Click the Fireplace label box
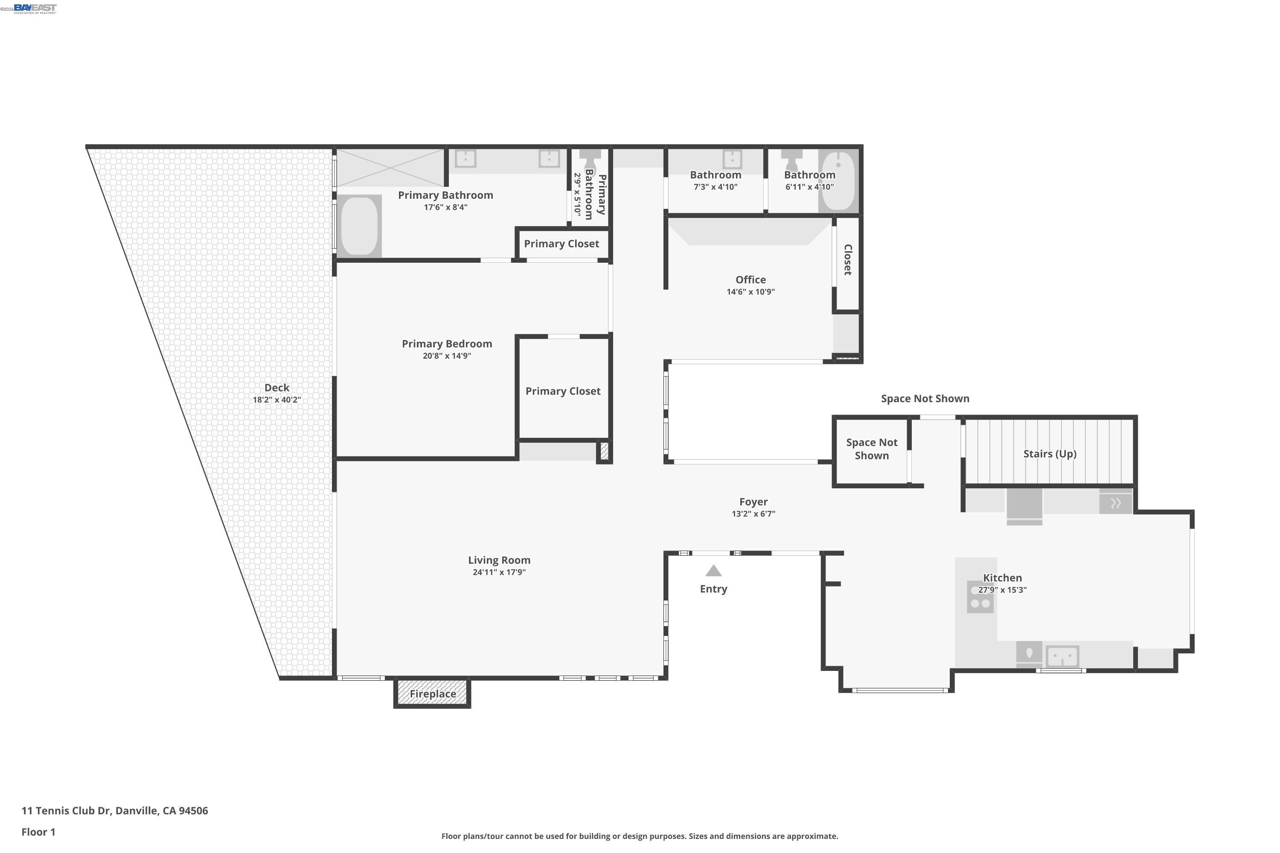(433, 693)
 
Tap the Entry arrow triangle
(713, 571)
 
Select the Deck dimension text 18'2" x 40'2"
(276, 400)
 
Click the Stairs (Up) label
(1050, 454)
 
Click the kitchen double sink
(1062, 656)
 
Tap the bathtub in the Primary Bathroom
(359, 226)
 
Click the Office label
(751, 280)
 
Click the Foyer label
(753, 502)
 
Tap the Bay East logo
(35, 8)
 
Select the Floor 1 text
(38, 832)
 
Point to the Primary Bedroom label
(447, 344)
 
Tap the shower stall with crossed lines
(390, 168)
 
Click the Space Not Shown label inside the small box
(871, 449)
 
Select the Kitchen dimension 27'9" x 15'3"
(1002, 590)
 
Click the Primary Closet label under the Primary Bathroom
(561, 244)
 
